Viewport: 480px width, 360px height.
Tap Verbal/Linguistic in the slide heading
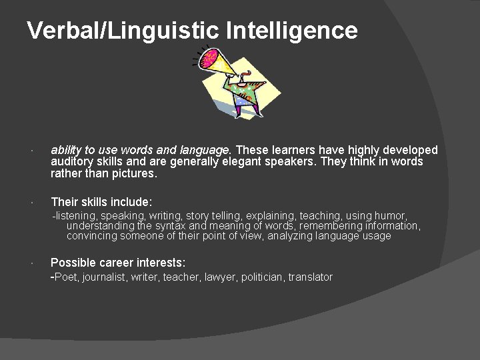[123, 31]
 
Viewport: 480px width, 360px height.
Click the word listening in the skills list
[77, 216]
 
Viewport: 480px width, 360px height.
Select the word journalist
[104, 277]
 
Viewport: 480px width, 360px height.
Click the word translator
[310, 277]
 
